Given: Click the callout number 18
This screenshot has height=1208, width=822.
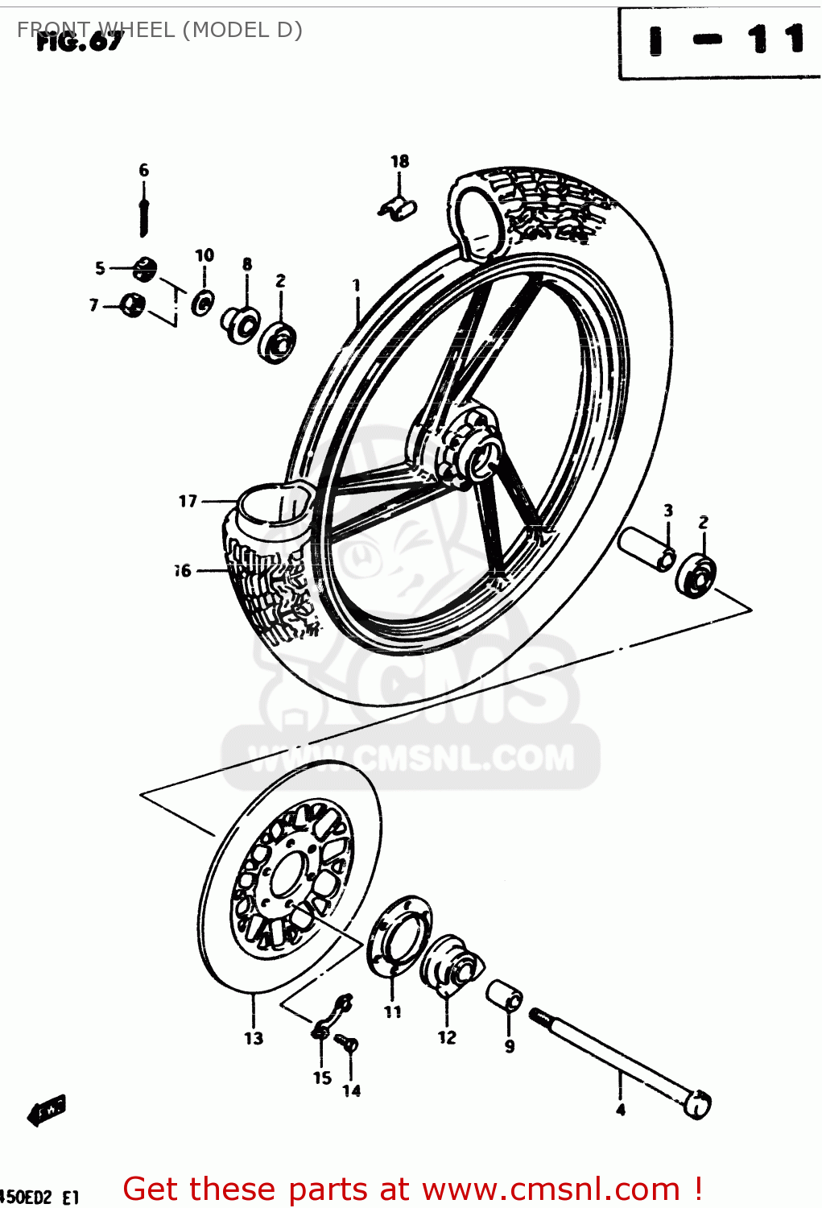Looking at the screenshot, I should (399, 162).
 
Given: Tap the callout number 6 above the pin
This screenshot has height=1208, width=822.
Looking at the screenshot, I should (143, 170).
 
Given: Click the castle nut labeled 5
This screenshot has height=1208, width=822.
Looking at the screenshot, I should (145, 269).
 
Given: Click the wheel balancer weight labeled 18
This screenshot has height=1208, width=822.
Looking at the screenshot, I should (398, 209).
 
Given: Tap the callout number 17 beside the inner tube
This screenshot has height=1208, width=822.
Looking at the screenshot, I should (188, 501).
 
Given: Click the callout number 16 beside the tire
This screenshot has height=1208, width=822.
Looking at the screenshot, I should (184, 570).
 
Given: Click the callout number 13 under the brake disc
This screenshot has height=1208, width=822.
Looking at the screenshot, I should (254, 1038).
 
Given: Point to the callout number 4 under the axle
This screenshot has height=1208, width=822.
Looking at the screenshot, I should (620, 1109).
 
